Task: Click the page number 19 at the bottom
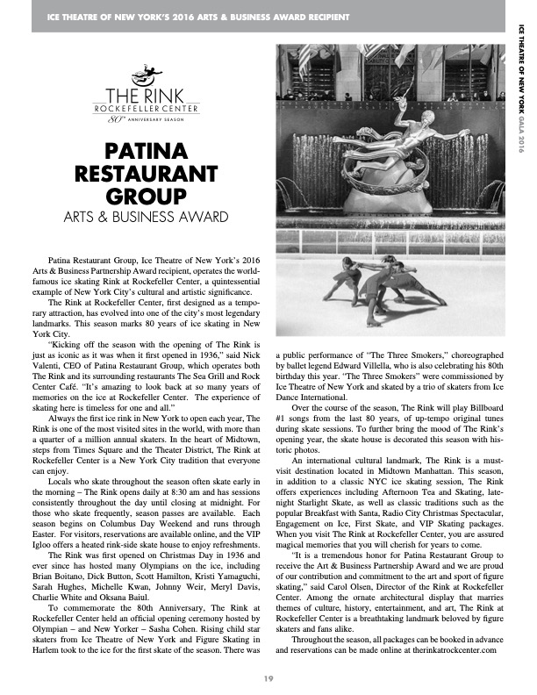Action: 268,677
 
